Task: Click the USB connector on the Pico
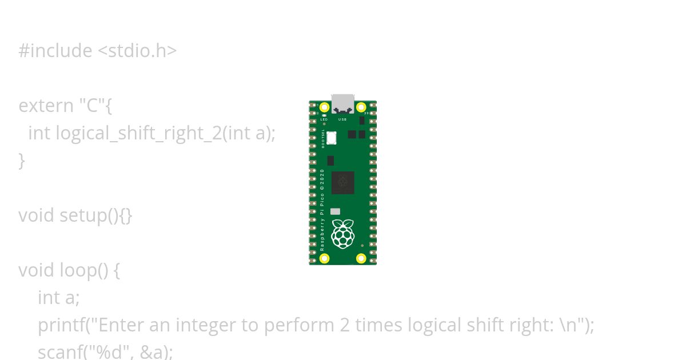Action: tap(343, 103)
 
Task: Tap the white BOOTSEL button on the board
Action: tap(331, 138)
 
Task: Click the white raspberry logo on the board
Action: tap(342, 234)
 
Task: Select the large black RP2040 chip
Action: tap(342, 183)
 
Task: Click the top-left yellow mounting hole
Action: tap(325, 107)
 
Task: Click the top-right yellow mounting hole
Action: tap(361, 107)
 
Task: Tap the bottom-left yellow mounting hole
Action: tap(325, 258)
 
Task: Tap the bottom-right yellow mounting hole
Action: tap(361, 258)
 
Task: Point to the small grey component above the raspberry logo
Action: tap(336, 211)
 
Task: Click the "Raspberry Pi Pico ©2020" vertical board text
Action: tap(322, 210)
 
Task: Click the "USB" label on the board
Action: tap(342, 119)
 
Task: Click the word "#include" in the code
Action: tap(55, 51)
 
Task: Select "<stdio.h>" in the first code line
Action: tap(137, 51)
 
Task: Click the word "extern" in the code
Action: tap(46, 106)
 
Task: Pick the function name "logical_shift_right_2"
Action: tap(138, 133)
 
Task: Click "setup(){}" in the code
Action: tap(96, 215)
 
